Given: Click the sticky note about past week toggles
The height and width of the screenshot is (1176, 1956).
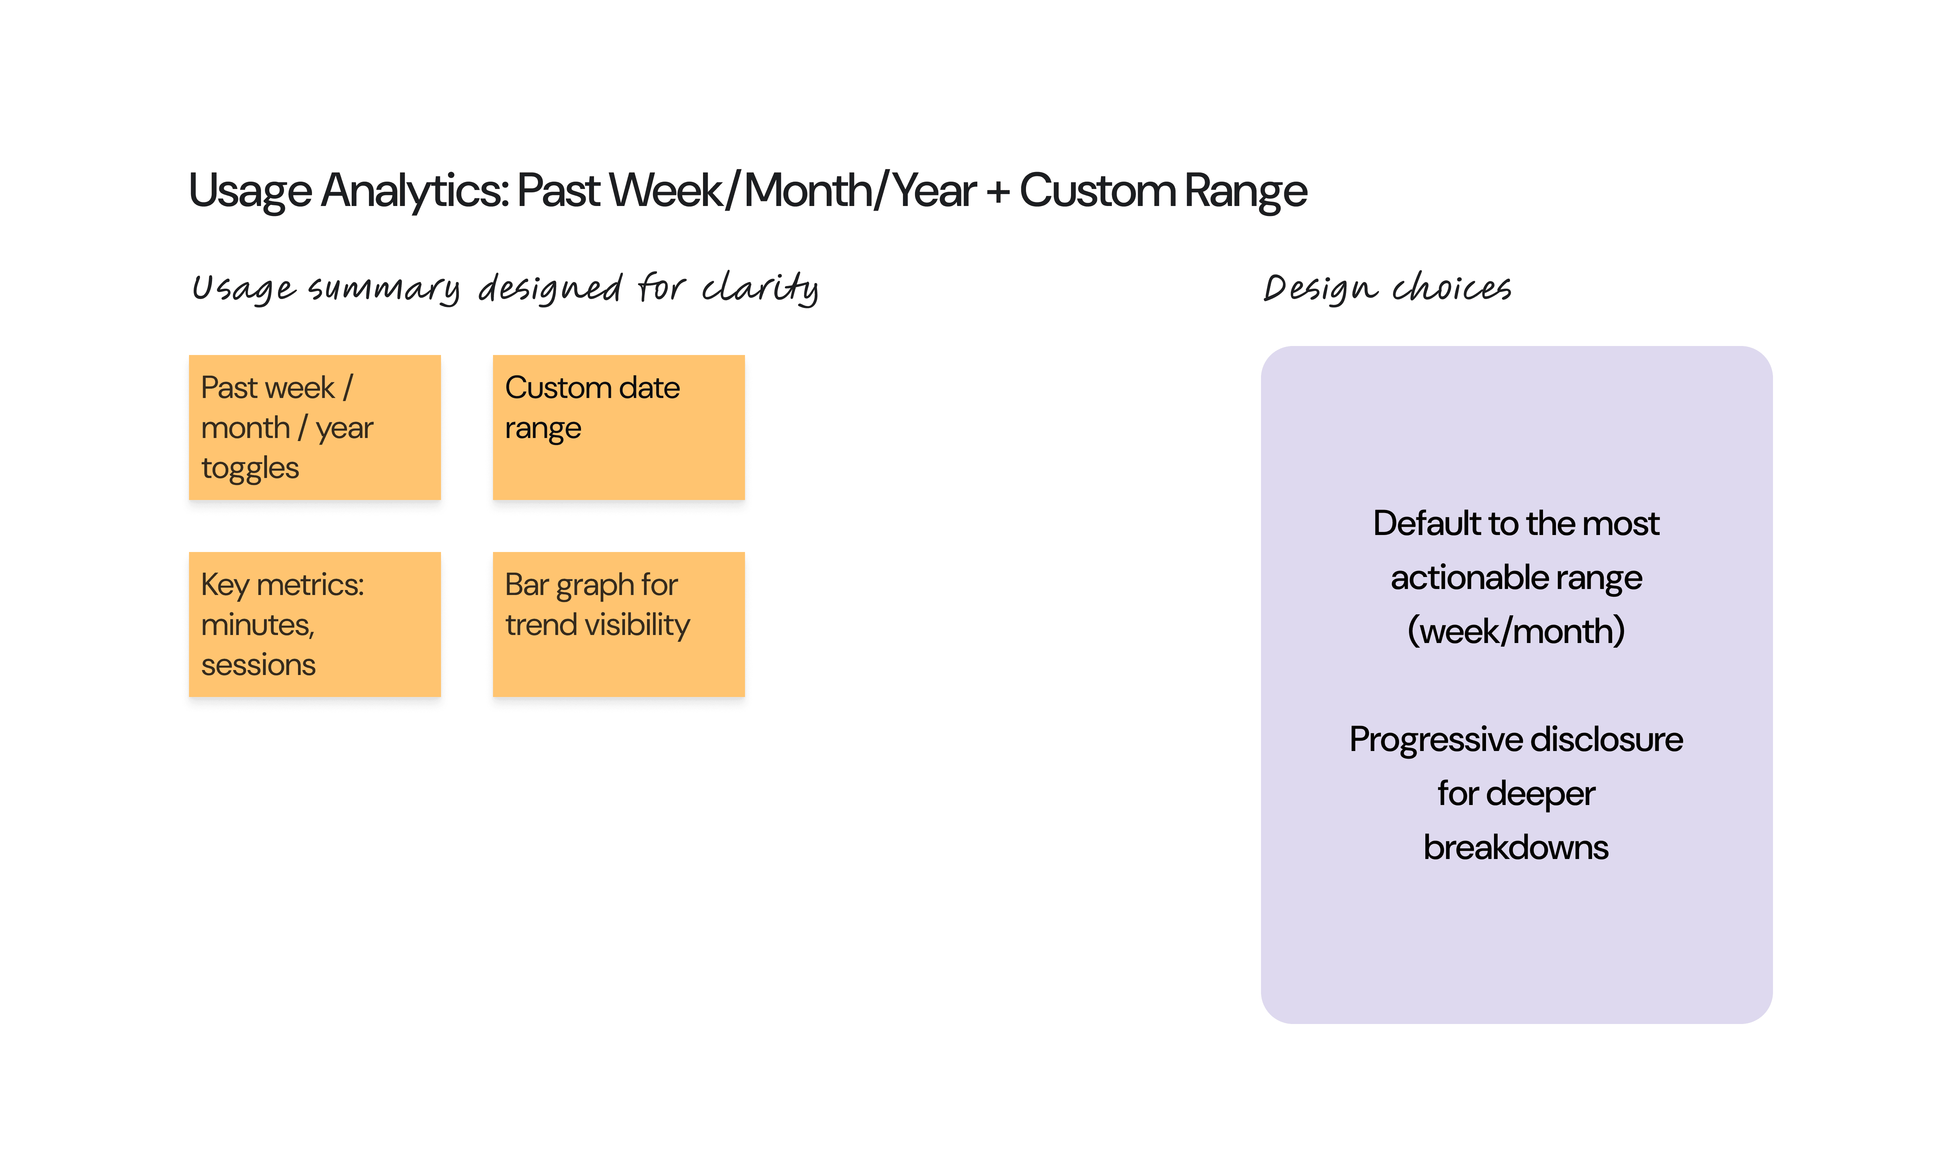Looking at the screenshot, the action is pyautogui.click(x=315, y=427).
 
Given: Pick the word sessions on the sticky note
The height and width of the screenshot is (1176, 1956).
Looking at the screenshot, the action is pyautogui.click(x=258, y=665).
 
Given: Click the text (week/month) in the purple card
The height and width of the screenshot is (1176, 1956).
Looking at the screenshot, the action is pyautogui.click(x=1516, y=632).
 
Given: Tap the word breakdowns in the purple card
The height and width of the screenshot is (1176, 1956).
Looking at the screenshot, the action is pyautogui.click(x=1516, y=847).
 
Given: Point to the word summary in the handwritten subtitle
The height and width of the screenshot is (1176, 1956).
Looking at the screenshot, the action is pyautogui.click(x=383, y=289).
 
